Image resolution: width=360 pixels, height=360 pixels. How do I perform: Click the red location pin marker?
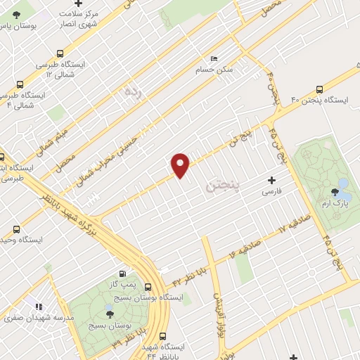coord(181,165)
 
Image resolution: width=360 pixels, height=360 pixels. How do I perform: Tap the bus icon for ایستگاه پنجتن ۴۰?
coord(320,89)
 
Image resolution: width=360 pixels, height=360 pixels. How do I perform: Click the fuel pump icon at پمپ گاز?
coord(124,274)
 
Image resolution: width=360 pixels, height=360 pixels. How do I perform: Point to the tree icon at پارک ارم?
coord(334,193)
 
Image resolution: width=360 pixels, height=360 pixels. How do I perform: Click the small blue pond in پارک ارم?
coord(343,185)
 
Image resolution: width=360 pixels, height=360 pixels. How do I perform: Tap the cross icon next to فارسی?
coord(271,181)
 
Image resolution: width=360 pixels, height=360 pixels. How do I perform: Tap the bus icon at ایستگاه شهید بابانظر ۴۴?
coord(163,336)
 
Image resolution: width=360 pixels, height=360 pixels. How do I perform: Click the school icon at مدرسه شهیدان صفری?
coord(38,306)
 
